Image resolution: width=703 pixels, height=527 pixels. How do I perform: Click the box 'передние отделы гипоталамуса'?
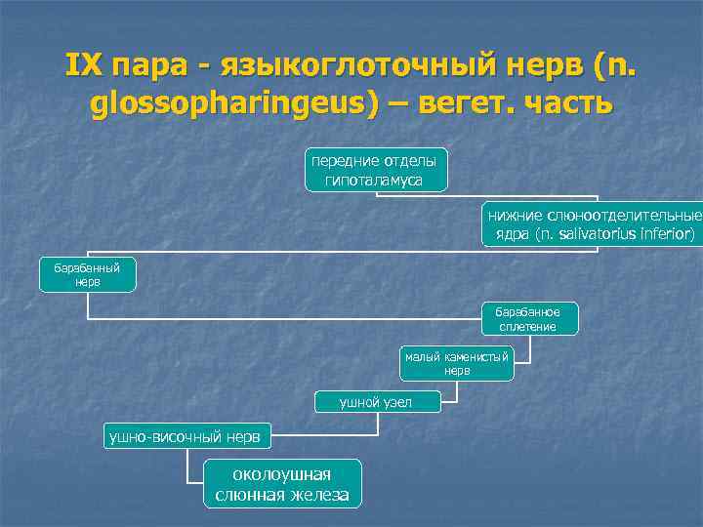374,170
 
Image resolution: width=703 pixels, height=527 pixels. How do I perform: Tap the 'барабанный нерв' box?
87,274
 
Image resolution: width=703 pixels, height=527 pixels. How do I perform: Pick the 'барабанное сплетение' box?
530,318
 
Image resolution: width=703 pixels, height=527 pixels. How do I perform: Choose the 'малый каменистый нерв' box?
457,363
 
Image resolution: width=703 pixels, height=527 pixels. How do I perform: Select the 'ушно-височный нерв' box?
187,438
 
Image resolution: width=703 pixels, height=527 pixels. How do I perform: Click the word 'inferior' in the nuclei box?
664,234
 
